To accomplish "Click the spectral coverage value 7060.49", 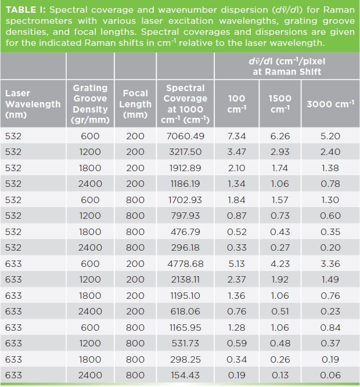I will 185,136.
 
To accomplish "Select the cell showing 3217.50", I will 185,151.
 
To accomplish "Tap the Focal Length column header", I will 135,104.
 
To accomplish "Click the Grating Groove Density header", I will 90,104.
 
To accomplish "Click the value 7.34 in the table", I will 236,136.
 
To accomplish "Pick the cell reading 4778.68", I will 185,263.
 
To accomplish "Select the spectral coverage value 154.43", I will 185,375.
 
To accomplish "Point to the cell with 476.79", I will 185,232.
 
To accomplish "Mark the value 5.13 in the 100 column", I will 236,263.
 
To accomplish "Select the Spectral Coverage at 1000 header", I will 185,104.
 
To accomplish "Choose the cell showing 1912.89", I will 185,168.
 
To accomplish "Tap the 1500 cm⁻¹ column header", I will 280,104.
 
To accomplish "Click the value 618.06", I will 185,311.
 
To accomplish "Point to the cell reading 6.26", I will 280,136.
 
